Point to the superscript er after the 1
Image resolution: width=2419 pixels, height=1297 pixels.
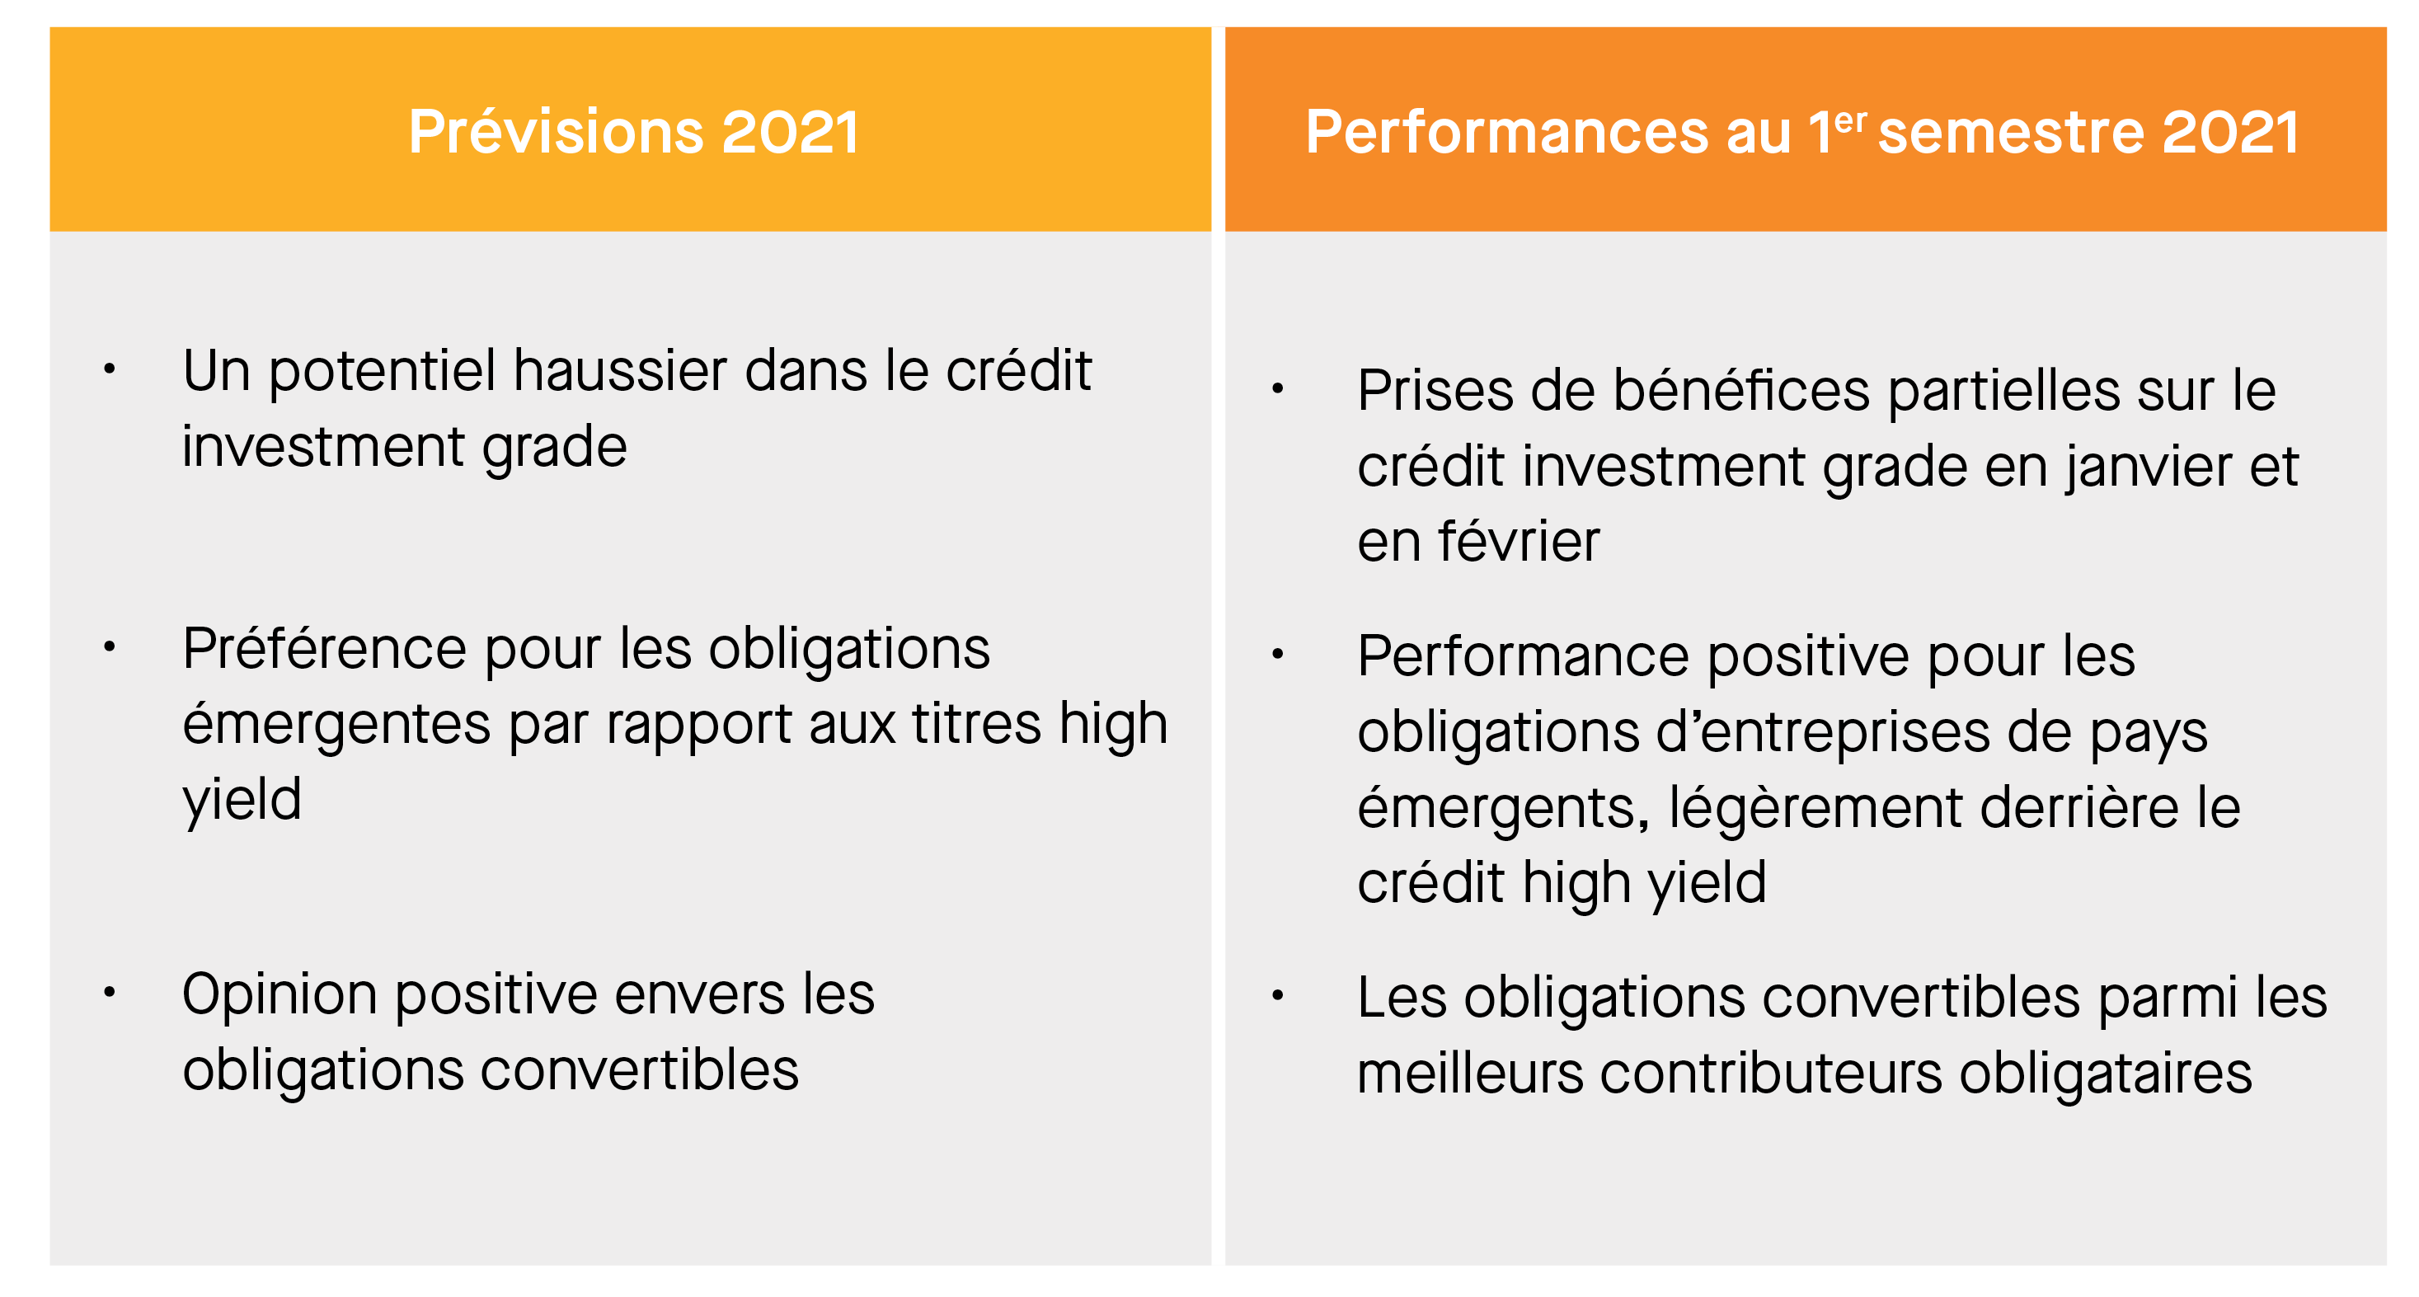1849,121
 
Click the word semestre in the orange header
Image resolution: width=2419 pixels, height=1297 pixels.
2011,133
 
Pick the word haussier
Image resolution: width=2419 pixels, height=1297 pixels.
620,370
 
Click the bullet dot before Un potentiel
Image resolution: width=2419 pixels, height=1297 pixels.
109,369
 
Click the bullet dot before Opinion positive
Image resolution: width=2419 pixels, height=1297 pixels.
109,992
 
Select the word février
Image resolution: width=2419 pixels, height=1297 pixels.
1520,541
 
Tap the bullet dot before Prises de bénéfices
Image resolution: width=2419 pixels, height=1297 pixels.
1277,388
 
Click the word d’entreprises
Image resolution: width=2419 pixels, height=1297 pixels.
1823,734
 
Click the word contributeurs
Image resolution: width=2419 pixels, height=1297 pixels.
1770,1073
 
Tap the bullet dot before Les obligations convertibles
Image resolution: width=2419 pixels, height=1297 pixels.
1277,994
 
